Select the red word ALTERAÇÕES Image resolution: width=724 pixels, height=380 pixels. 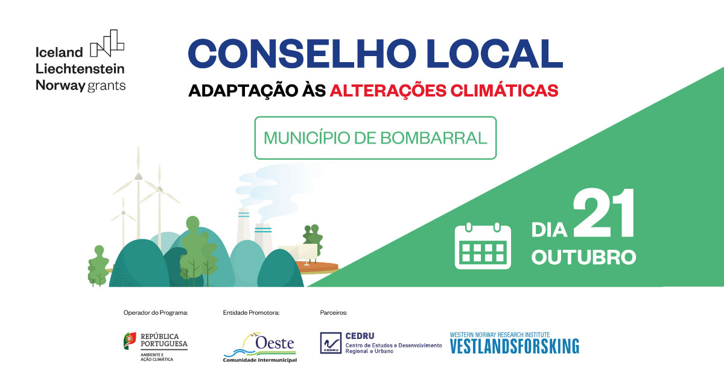(x=369, y=90)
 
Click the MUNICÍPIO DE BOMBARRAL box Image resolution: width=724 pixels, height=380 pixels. (x=375, y=138)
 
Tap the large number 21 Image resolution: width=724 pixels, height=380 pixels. (x=604, y=214)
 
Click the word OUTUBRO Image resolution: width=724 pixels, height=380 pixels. (x=583, y=257)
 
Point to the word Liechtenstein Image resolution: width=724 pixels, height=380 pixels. (x=80, y=68)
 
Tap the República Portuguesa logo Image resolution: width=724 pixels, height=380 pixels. (x=155, y=346)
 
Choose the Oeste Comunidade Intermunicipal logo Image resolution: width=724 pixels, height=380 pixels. (x=260, y=348)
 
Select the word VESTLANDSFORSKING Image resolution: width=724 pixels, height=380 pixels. (x=514, y=346)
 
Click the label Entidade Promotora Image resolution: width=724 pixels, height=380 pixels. (x=251, y=312)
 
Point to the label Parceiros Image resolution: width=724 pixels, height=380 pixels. (x=334, y=312)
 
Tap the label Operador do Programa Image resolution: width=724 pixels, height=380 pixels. (x=156, y=312)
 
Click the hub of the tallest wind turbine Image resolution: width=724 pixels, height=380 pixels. (x=138, y=176)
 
